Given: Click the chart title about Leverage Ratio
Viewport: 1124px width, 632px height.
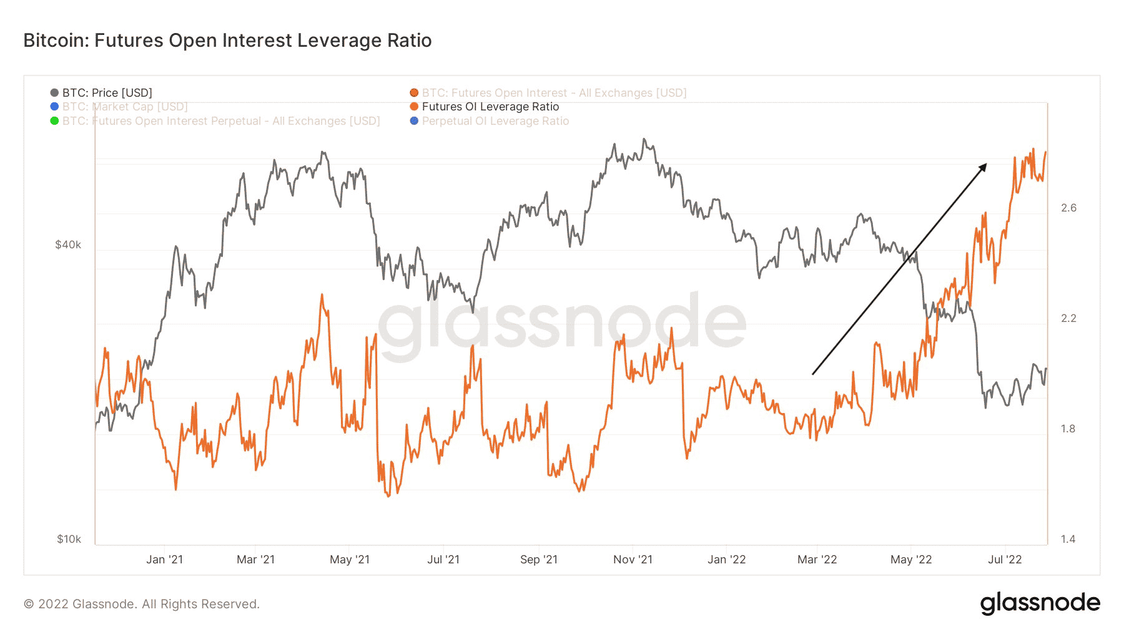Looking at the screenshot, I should pyautogui.click(x=227, y=41).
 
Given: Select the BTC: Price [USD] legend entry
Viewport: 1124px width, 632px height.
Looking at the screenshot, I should pyautogui.click(x=107, y=93).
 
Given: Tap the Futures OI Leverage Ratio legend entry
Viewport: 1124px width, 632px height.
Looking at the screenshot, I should pyautogui.click(x=490, y=107).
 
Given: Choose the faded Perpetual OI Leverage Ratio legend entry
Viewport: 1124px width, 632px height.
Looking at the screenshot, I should pyautogui.click(x=495, y=121).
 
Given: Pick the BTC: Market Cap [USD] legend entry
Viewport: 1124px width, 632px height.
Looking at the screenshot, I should pyautogui.click(x=125, y=107).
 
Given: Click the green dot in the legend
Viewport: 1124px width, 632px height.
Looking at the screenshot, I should pyautogui.click(x=54, y=121).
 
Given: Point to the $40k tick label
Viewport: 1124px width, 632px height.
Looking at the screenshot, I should pyautogui.click(x=68, y=245).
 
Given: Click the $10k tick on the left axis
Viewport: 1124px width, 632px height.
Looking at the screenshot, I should pyautogui.click(x=69, y=539).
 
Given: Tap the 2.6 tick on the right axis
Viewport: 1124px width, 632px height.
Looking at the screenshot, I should pyautogui.click(x=1068, y=208).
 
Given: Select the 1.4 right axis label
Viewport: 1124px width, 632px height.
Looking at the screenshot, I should pyautogui.click(x=1068, y=539).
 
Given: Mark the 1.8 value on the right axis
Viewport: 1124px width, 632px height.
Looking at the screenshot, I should pyautogui.click(x=1068, y=429).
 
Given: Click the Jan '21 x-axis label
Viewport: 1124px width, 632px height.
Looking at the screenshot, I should pyautogui.click(x=164, y=560).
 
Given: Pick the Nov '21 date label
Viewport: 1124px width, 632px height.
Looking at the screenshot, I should pyautogui.click(x=633, y=560).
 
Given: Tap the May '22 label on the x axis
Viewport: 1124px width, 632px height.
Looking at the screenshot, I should pyautogui.click(x=911, y=560).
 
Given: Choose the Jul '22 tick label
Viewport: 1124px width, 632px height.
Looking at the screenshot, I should pyautogui.click(x=1005, y=560).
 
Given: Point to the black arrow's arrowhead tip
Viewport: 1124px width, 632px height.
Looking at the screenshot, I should pyautogui.click(x=986, y=165).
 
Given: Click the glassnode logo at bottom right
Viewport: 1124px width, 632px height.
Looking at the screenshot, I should pyautogui.click(x=1040, y=603).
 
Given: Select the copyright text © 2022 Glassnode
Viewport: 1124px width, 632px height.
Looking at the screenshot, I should pyautogui.click(x=142, y=604).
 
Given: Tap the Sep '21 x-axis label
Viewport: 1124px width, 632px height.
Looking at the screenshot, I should pyautogui.click(x=539, y=560).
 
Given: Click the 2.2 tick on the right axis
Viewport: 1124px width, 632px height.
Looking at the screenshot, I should pyautogui.click(x=1068, y=318).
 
